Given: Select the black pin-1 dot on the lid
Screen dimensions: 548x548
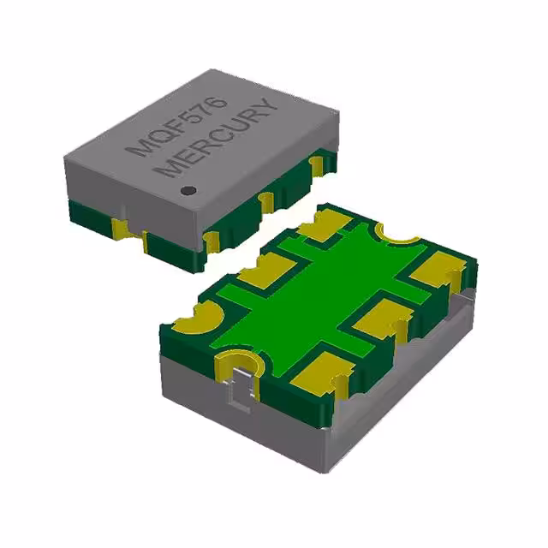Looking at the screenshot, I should pyautogui.click(x=190, y=189).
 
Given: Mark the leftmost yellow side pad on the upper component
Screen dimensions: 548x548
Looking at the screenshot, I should pyautogui.click(x=122, y=227).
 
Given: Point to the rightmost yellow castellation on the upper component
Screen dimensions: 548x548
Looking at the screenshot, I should pyautogui.click(x=319, y=162).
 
